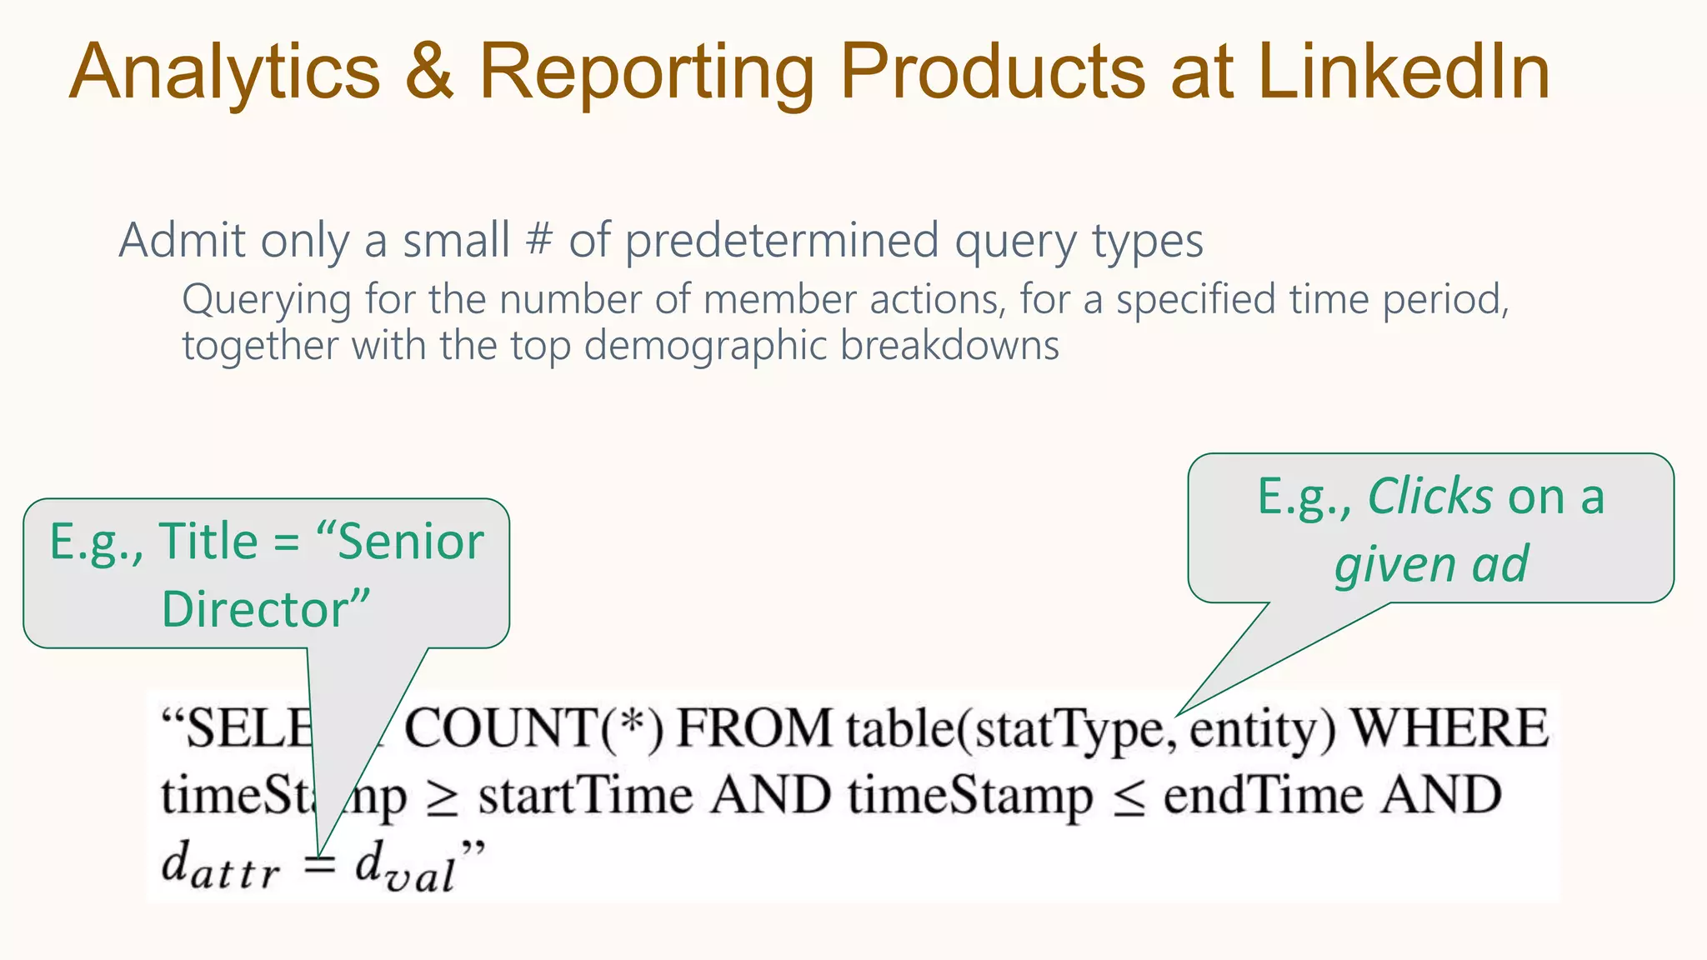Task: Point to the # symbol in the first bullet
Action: coord(539,241)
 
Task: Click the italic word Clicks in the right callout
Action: coord(1430,497)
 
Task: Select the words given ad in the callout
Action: coord(1431,564)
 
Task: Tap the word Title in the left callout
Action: coord(208,542)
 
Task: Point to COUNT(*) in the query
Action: coord(533,728)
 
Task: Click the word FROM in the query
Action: coord(753,728)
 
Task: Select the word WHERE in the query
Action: coord(1449,728)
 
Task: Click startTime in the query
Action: coord(585,796)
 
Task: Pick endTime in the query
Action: coord(1263,796)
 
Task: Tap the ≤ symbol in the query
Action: coord(1129,798)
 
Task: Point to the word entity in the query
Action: coord(1262,730)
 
